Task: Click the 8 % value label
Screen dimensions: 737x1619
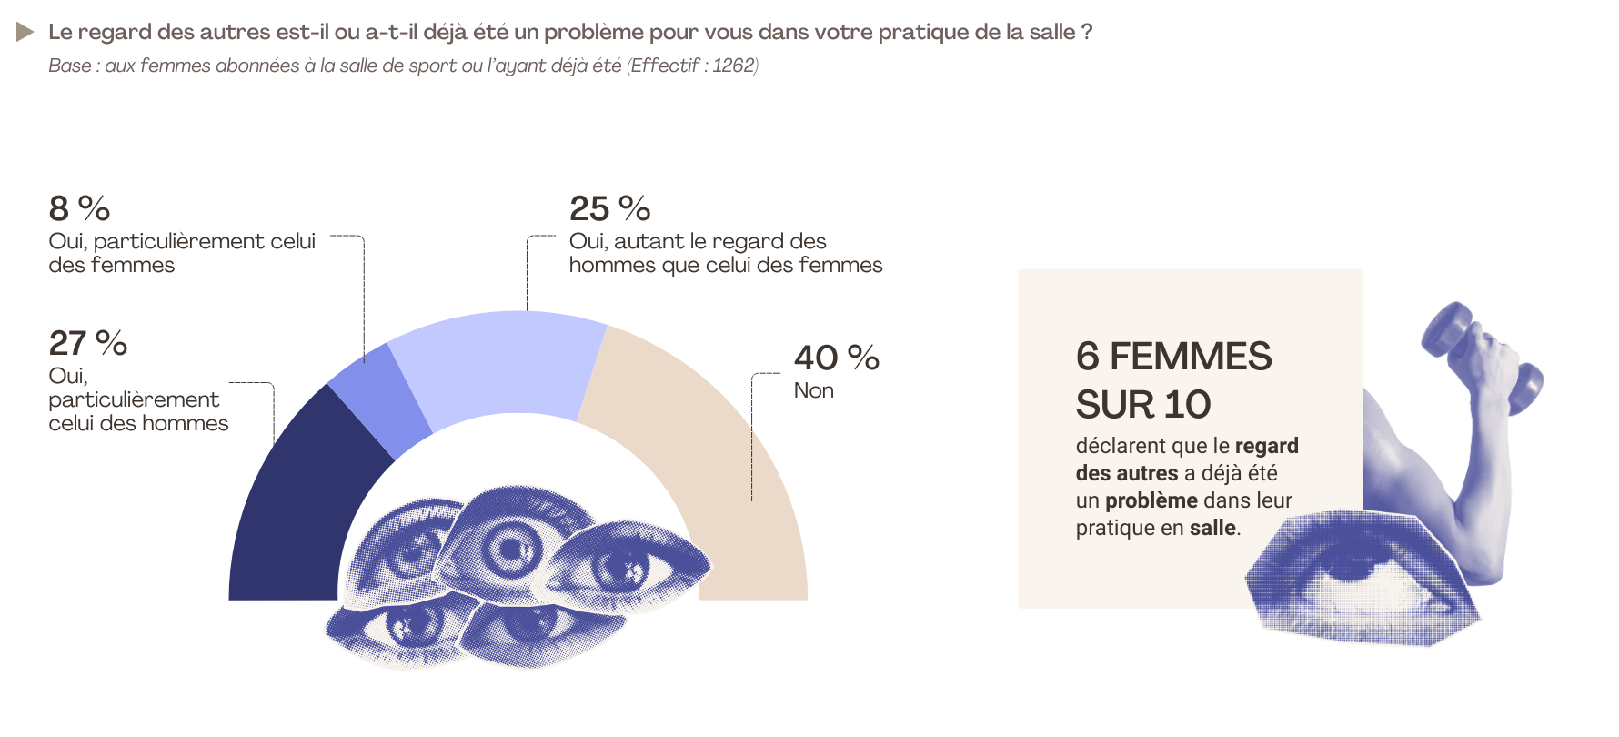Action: click(79, 209)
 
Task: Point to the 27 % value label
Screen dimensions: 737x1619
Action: click(87, 344)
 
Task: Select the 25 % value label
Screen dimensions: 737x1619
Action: click(609, 209)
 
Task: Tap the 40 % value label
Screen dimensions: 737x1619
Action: click(836, 358)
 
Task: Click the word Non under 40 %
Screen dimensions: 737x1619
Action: click(813, 390)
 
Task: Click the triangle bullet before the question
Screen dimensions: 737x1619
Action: click(25, 33)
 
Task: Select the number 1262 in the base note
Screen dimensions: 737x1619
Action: click(733, 66)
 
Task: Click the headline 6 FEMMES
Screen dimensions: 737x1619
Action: click(1173, 357)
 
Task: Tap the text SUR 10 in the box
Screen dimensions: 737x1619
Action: click(1142, 405)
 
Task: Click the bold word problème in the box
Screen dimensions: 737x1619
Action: click(1151, 500)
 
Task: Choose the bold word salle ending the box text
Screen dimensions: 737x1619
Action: click(1212, 528)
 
